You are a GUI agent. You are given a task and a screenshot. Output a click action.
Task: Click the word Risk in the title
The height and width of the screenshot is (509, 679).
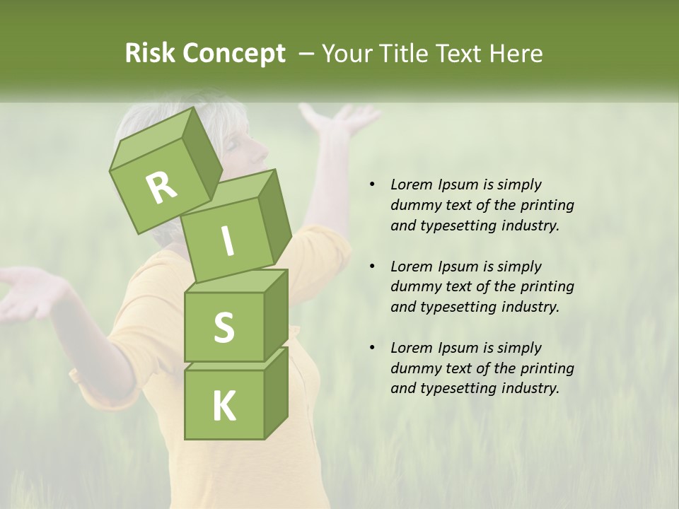149,54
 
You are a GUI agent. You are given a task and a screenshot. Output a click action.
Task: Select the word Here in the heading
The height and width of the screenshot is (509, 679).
516,54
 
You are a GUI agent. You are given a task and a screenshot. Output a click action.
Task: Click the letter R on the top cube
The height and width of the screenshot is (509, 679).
161,187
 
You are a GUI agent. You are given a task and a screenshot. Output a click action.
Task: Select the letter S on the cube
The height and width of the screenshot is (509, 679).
224,328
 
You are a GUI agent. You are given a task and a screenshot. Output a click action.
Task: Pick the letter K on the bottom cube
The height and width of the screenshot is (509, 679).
224,406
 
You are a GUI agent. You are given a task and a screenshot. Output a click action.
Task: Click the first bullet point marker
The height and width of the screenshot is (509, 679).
371,185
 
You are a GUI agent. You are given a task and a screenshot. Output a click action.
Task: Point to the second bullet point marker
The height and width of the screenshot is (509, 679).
371,267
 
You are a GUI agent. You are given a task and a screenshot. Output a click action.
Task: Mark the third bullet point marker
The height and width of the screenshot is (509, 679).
371,348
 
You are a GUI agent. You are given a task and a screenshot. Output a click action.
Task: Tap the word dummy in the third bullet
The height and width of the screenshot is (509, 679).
414,368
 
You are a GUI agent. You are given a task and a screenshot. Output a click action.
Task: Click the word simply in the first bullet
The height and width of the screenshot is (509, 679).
519,185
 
